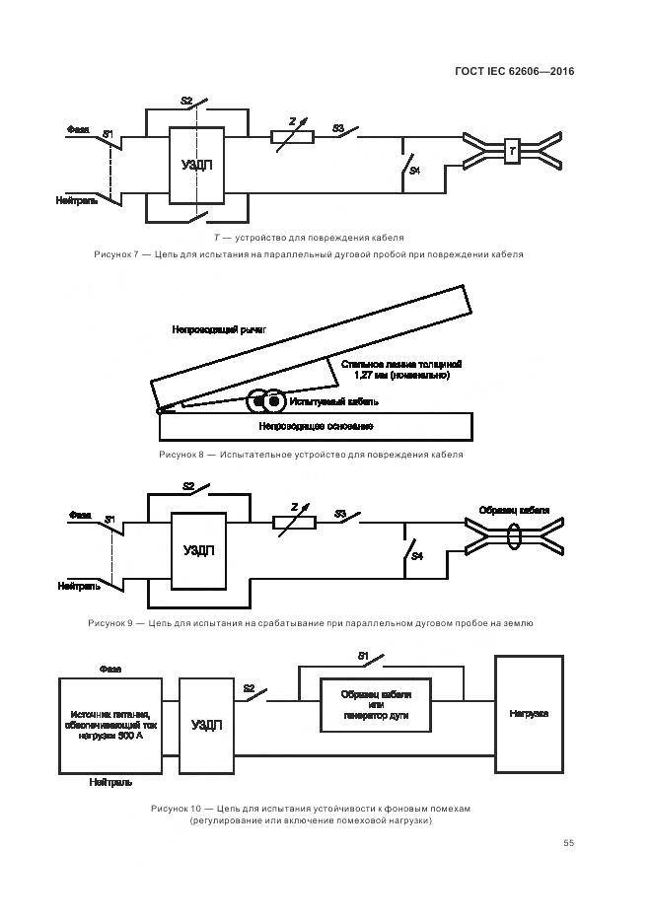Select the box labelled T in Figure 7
pos(512,151)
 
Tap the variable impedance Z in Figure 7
pos(292,137)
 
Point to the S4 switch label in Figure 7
pos(414,172)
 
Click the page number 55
pos(568,842)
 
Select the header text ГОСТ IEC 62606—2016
pos(515,71)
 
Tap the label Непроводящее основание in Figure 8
pos(316,426)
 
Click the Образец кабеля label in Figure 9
pos(514,510)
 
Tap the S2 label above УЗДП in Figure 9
pos(189,486)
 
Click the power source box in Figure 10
pos(109,726)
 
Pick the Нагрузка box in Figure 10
pos(529,713)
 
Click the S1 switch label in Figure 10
pos(363,656)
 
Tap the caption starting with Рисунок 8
pos(311,455)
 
